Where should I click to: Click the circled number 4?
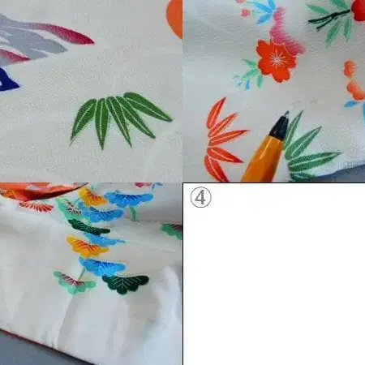[x=200, y=197]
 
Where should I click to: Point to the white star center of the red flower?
[x=277, y=60]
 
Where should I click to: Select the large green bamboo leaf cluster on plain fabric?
[x=119, y=119]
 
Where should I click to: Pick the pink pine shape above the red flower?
[x=286, y=32]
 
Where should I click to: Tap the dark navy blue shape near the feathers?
[x=7, y=80]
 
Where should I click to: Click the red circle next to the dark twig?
[x=359, y=10]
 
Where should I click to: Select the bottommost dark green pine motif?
[x=127, y=284]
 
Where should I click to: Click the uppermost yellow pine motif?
[x=92, y=197]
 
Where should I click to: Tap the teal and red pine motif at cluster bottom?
[x=74, y=283]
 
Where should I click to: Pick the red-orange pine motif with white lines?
[x=37, y=206]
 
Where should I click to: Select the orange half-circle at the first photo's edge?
[x=174, y=18]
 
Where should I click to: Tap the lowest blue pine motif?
[x=102, y=266]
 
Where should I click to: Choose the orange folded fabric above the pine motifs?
[x=41, y=191]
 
